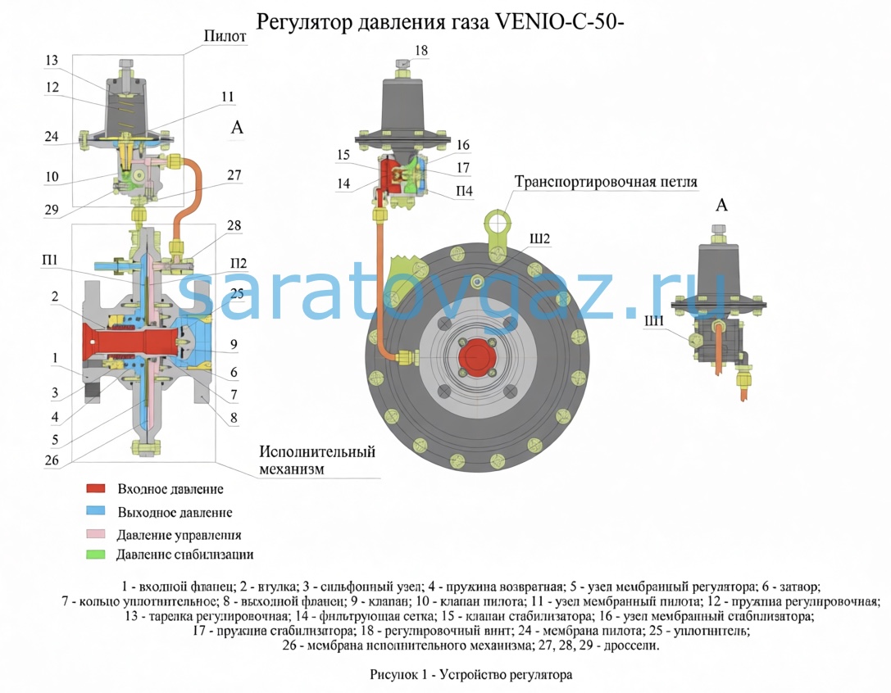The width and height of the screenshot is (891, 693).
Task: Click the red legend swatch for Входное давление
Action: click(x=97, y=489)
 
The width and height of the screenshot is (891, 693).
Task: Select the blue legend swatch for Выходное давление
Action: click(x=97, y=512)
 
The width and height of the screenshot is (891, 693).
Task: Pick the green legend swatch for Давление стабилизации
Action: click(x=97, y=555)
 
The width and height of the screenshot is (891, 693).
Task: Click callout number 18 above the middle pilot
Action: click(x=420, y=51)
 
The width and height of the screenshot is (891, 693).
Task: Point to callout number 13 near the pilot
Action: click(x=52, y=60)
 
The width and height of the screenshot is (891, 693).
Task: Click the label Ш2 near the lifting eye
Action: click(x=539, y=238)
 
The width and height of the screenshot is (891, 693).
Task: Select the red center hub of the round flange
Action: click(x=474, y=358)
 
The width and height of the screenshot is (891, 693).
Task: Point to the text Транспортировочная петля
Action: click(x=606, y=182)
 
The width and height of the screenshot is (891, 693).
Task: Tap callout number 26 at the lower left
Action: click(x=52, y=460)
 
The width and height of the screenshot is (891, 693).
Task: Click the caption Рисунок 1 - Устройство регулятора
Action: click(x=471, y=675)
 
